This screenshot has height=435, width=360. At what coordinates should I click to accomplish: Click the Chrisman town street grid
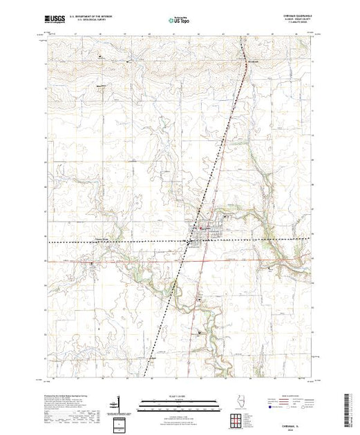tap(203, 238)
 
